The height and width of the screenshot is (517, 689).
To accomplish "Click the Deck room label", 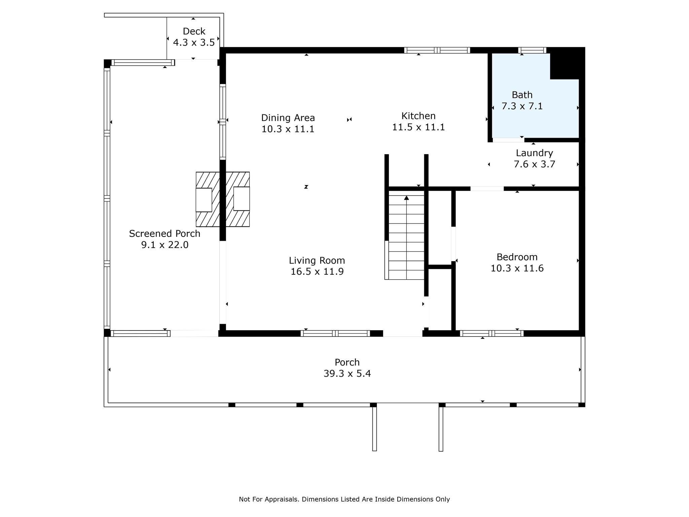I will [194, 31].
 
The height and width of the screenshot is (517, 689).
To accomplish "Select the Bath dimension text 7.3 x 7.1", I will [522, 106].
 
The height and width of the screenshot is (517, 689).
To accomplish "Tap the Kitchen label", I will [418, 116].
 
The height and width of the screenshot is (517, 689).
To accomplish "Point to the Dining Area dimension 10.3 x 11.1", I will [288, 129].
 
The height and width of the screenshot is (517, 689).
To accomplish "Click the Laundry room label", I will [534, 153].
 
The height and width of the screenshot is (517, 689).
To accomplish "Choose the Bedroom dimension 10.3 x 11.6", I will [517, 268].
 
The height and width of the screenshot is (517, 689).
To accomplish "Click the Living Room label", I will [317, 260].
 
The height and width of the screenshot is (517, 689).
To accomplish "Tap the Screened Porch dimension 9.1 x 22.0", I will [165, 245].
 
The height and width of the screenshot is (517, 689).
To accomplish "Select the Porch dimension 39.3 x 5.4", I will [347, 374].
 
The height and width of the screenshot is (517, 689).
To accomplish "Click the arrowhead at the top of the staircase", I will [406, 198].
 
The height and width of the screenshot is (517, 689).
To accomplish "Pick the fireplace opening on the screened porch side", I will [204, 200].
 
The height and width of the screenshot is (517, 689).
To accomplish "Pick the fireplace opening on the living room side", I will [242, 199].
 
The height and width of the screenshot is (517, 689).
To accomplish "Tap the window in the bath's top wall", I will [532, 50].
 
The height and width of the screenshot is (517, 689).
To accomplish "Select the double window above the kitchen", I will [437, 50].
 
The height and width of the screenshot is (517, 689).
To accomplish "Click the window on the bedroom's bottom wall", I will [491, 334].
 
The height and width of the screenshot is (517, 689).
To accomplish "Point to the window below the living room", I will [335, 334].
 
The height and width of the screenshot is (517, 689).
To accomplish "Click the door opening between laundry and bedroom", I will [487, 188].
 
